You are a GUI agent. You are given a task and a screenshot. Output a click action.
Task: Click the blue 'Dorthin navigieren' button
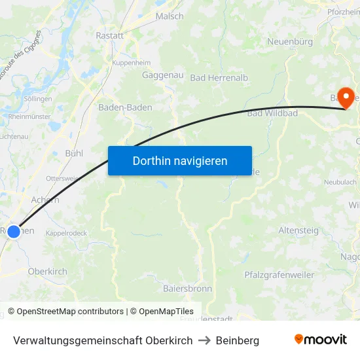click(x=180, y=160)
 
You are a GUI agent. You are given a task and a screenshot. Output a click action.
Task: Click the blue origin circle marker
click(x=14, y=231)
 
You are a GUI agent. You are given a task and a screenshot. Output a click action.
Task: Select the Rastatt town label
click(x=109, y=36)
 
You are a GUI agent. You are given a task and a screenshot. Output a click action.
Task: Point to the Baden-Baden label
click(x=125, y=107)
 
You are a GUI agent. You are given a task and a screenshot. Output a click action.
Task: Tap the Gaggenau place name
click(x=162, y=75)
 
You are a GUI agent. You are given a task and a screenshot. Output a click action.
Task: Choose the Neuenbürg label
click(x=290, y=41)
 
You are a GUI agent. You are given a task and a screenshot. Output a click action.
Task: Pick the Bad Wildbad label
click(x=272, y=113)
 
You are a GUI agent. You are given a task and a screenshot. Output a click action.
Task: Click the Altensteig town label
click(x=298, y=230)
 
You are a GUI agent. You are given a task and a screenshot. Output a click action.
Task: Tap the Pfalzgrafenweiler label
click(x=279, y=275)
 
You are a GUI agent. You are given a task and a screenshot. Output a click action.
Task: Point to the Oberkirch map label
click(x=47, y=271)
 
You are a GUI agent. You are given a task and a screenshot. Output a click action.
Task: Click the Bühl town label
click(x=74, y=153)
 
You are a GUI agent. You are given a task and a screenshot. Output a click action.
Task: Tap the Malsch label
click(x=170, y=16)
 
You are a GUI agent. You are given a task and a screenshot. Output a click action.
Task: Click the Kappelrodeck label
click(x=66, y=233)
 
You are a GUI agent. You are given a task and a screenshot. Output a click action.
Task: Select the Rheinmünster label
click(x=29, y=117)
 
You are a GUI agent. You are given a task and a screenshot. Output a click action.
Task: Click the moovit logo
click(x=320, y=340)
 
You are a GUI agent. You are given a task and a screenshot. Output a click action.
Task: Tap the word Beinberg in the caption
click(x=238, y=340)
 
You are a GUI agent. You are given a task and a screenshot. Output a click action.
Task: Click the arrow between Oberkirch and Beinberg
click(x=204, y=340)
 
